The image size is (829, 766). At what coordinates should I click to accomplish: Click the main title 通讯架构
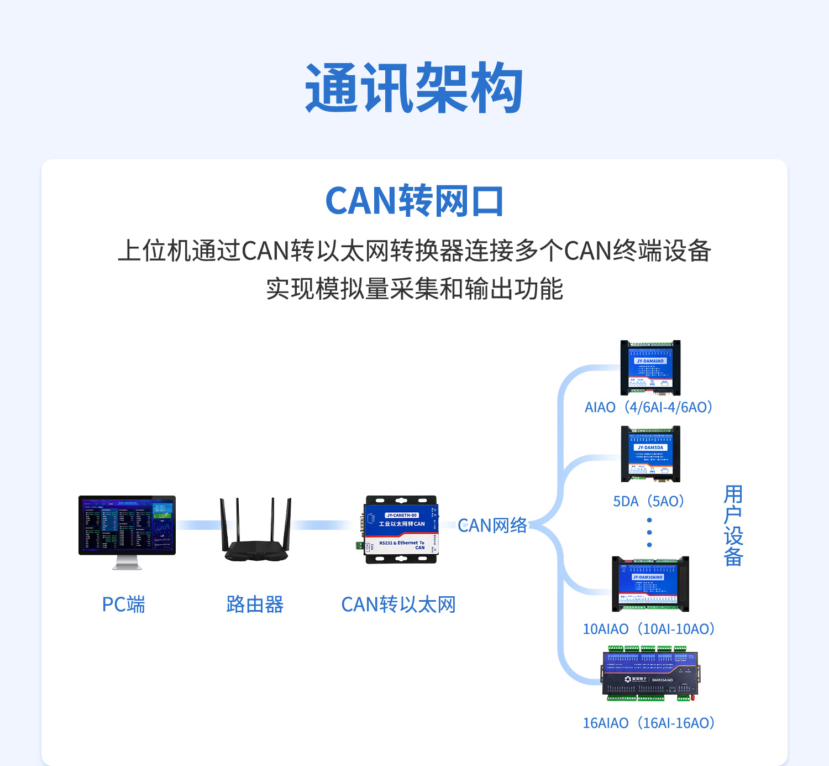click(414, 88)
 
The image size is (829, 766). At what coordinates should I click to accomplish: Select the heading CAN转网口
click(414, 201)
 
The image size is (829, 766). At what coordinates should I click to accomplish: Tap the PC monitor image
click(127, 525)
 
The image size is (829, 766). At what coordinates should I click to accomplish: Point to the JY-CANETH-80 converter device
click(401, 529)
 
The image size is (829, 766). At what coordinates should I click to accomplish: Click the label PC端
click(123, 605)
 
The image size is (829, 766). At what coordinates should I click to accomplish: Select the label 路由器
click(255, 605)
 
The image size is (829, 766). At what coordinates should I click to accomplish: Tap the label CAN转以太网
click(398, 605)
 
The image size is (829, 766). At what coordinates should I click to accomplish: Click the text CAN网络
click(492, 525)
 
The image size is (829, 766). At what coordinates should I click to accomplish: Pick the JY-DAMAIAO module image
click(650, 367)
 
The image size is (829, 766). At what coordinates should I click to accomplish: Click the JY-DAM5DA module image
click(650, 454)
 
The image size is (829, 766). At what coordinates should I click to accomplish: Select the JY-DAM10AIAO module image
click(650, 583)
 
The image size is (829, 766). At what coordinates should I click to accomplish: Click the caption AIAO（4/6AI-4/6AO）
click(649, 408)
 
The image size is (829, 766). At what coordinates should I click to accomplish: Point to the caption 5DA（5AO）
click(649, 502)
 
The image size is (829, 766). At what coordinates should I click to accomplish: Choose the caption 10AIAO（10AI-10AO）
click(649, 629)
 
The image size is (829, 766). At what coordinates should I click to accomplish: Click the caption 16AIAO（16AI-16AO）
click(649, 723)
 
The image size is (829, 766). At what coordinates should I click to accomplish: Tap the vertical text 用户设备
click(733, 525)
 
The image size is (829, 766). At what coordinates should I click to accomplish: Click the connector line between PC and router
click(198, 525)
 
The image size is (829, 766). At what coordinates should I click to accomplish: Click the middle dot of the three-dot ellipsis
click(649, 533)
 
